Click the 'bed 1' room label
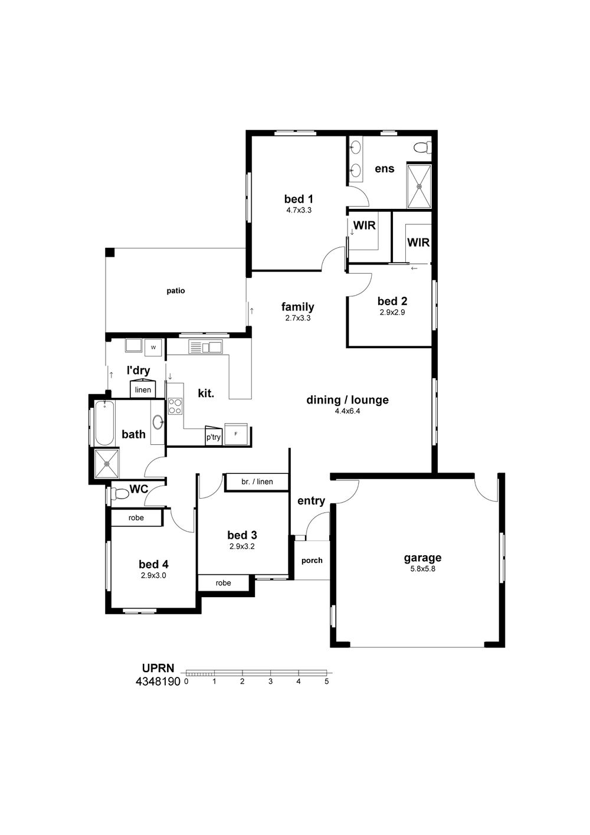point(299,199)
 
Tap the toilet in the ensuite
point(422,148)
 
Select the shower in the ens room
point(419,186)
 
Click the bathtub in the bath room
point(104,423)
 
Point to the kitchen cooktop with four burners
point(175,407)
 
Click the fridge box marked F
point(235,434)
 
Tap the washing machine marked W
point(153,347)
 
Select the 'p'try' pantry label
point(214,437)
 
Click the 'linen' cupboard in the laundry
point(143,389)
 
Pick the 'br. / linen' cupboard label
point(257,482)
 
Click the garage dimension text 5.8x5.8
point(422,569)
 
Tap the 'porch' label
point(312,561)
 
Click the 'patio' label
point(176,291)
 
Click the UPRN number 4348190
point(158,682)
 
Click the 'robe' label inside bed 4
point(136,518)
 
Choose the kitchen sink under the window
point(205,346)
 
